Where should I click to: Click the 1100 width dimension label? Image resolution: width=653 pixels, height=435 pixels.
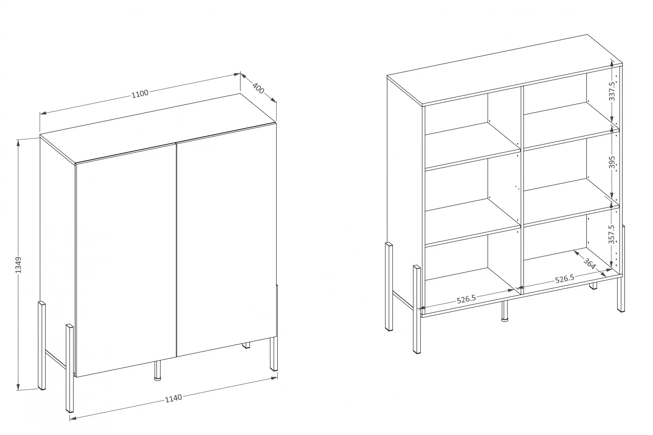(140, 94)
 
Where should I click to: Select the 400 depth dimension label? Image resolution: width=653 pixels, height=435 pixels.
(258, 88)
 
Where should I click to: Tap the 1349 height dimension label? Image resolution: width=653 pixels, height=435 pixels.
(18, 265)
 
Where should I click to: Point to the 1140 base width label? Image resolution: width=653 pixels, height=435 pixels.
(174, 398)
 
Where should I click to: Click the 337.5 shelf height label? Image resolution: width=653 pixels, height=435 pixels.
(612, 91)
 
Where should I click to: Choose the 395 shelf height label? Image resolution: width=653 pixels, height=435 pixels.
(612, 162)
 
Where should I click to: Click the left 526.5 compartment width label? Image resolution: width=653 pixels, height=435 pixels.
(466, 299)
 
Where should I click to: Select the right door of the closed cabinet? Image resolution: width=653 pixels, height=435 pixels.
(226, 240)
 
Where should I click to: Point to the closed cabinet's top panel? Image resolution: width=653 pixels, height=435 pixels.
(158, 128)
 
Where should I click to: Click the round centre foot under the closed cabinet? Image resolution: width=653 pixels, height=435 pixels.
(158, 370)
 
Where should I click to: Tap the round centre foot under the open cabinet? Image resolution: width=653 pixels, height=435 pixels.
(505, 311)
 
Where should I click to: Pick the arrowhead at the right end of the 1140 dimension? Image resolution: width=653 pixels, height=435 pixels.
(274, 378)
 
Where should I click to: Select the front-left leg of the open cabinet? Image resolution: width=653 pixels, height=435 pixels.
(417, 309)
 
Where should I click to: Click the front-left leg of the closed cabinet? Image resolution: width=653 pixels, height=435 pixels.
(69, 368)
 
